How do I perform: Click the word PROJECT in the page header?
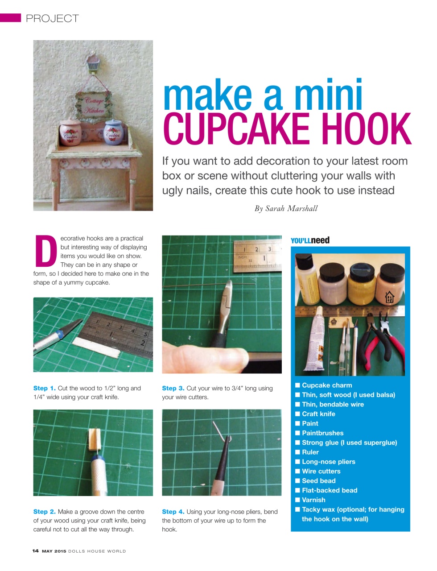point(52,18)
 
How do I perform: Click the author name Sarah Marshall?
point(291,208)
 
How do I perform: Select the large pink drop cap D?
point(45,250)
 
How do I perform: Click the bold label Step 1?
point(44,388)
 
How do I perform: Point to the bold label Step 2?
point(44,512)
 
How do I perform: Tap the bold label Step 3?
point(173,388)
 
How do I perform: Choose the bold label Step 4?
point(173,512)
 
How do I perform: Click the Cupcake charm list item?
point(327,385)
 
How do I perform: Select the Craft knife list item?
point(318,414)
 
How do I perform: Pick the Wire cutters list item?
point(321,471)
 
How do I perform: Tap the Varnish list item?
point(313,500)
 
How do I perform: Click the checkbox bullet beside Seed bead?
point(297,481)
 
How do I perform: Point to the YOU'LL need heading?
point(310,240)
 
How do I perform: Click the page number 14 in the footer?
point(36,551)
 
